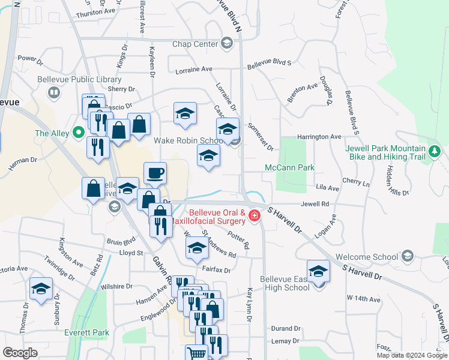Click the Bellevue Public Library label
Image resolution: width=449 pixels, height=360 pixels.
(88, 79)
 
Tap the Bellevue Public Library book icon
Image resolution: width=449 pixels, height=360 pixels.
(54, 93)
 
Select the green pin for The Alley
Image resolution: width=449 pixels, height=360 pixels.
(78, 133)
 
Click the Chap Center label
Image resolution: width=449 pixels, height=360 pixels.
(194, 44)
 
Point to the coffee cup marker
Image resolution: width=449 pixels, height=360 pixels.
(155, 173)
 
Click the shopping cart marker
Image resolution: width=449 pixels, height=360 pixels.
(196, 353)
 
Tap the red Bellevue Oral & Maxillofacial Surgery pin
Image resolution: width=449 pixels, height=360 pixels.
(255, 215)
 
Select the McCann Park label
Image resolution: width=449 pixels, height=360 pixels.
(290, 167)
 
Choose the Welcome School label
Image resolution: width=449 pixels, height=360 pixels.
(366, 257)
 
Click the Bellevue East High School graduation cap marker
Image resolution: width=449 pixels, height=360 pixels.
(318, 271)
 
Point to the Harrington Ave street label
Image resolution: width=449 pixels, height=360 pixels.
(319, 137)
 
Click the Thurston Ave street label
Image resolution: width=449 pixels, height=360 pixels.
(96, 12)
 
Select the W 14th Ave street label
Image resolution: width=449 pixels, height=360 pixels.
(363, 299)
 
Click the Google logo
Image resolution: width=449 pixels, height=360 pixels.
(20, 353)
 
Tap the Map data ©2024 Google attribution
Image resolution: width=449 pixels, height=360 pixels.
(412, 355)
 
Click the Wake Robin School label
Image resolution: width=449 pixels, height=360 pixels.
(188, 140)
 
